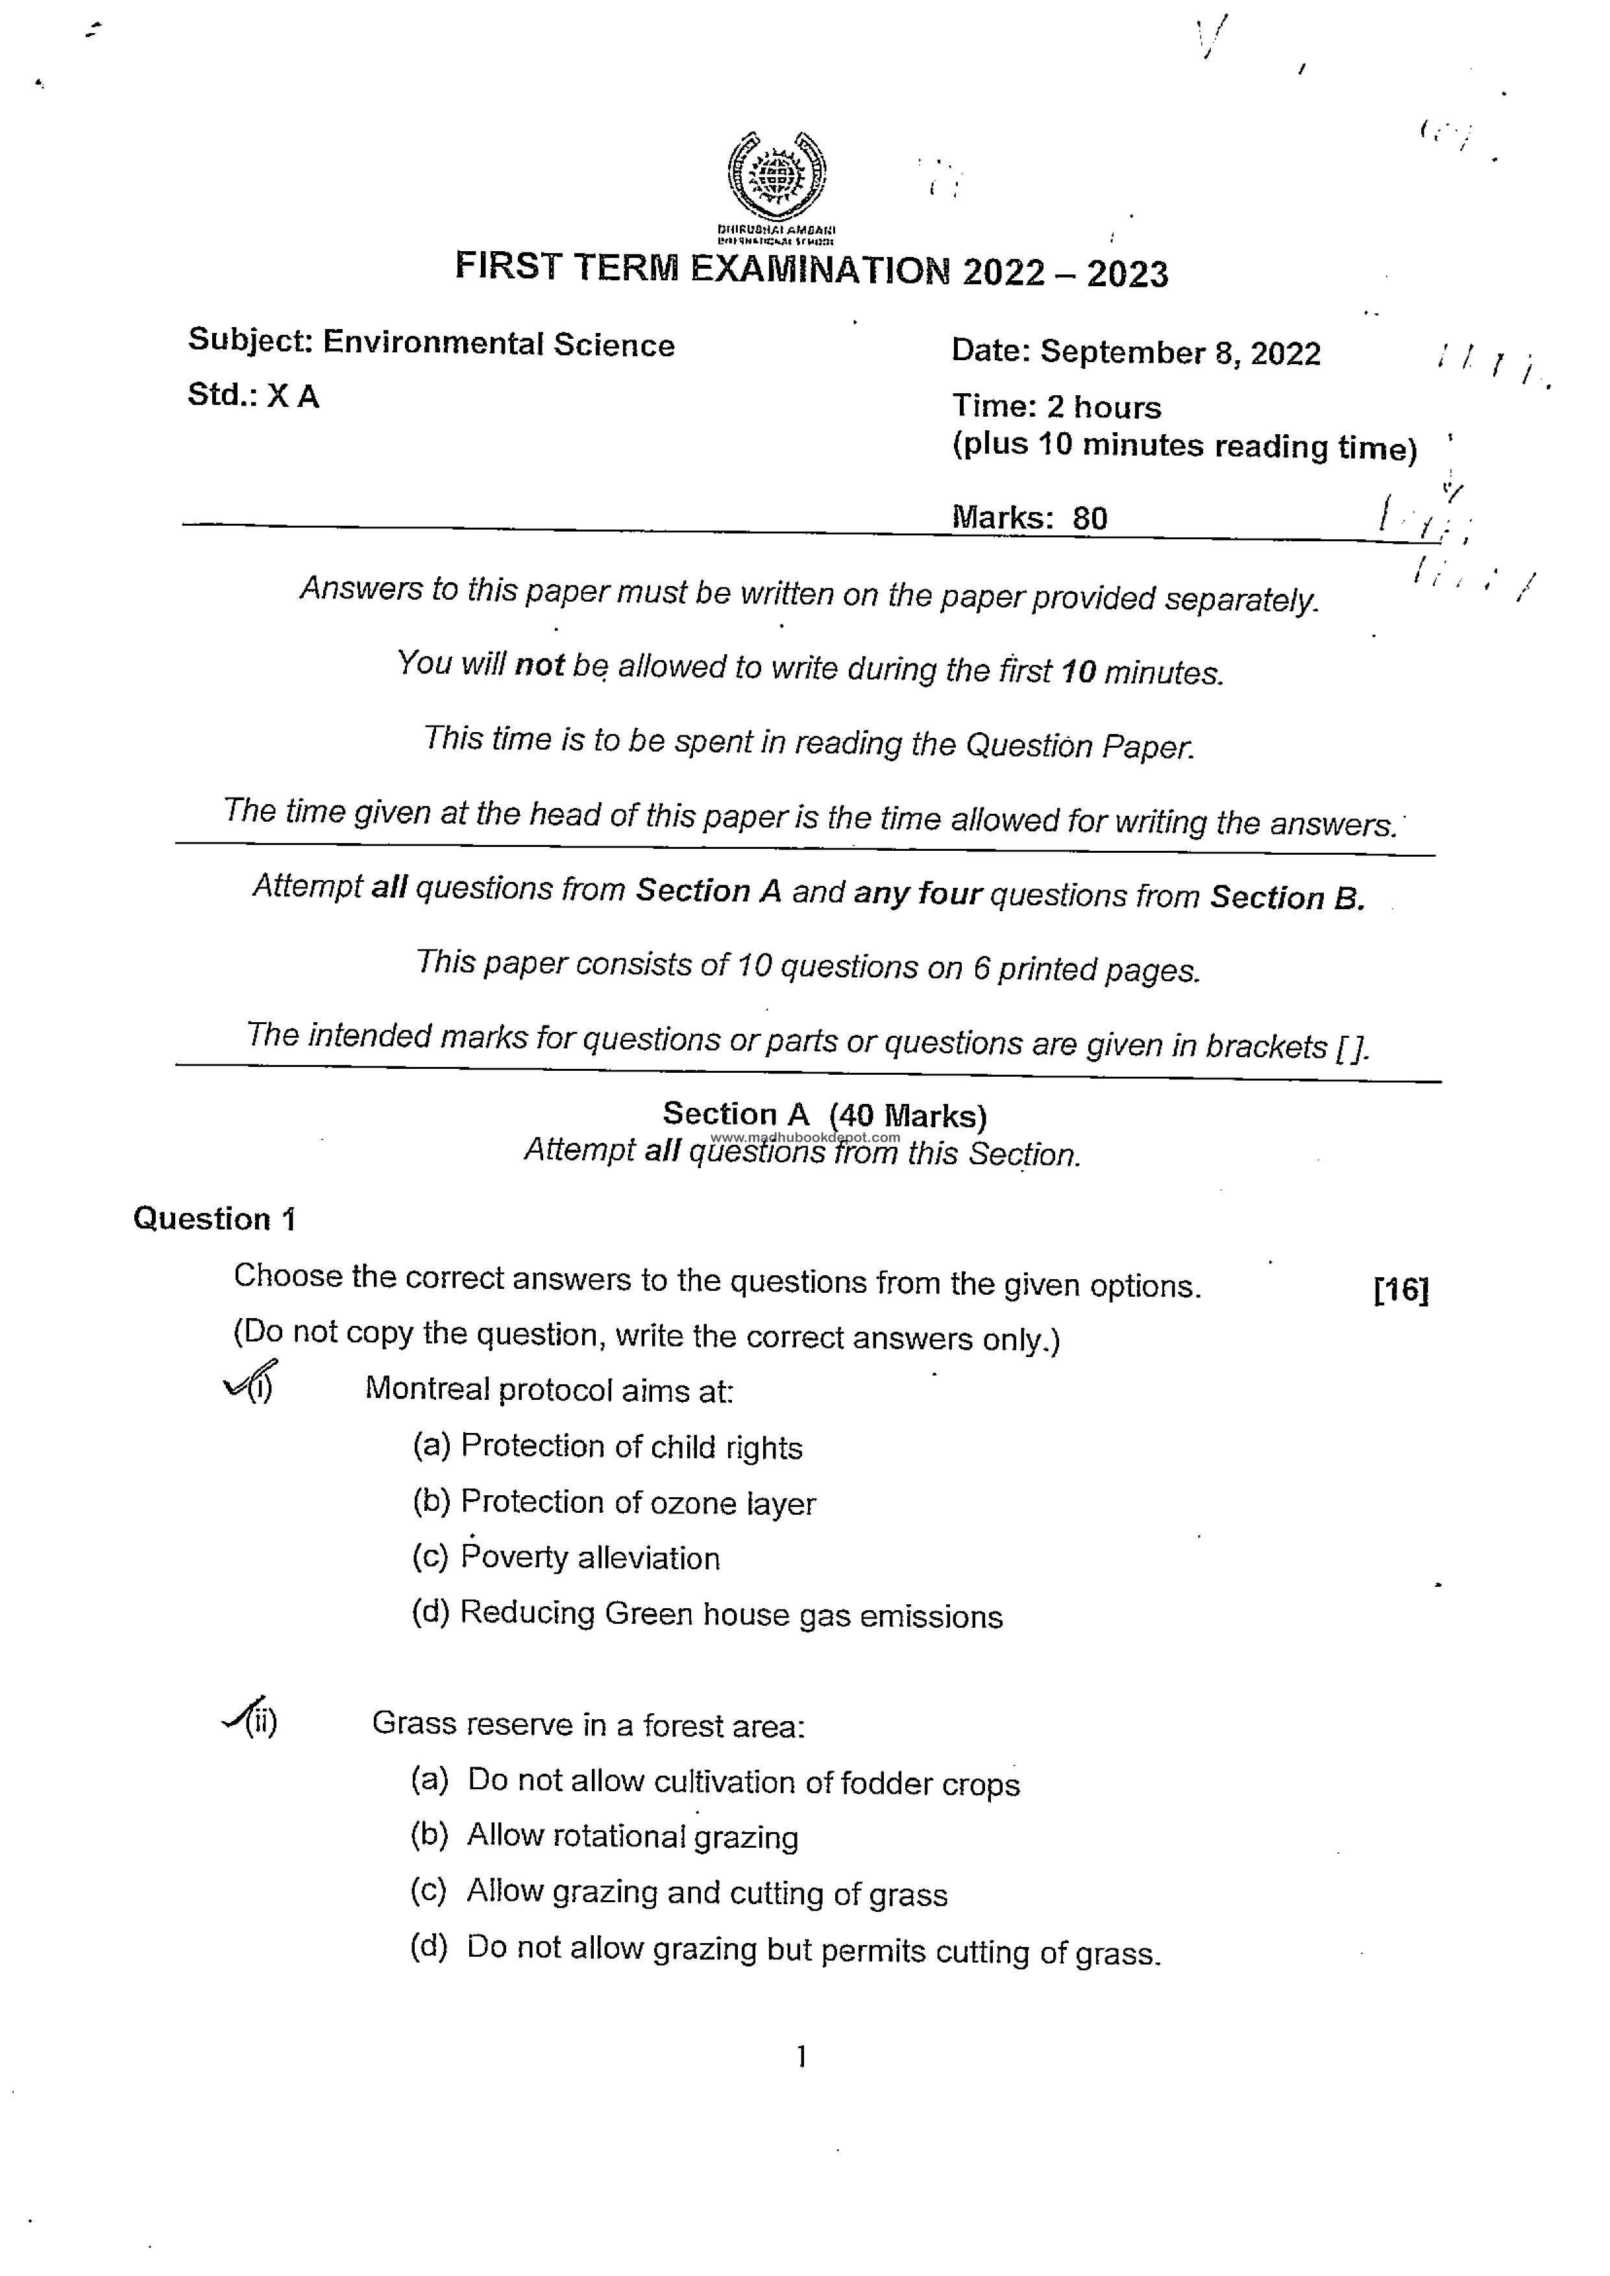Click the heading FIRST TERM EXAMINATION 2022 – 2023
(x=811, y=269)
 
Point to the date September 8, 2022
(x=1180, y=353)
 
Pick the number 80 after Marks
(x=1090, y=517)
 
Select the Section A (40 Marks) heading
(x=824, y=1115)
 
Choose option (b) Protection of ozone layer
(x=614, y=1503)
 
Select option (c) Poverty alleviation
(x=565, y=1558)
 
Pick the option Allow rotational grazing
(x=631, y=1836)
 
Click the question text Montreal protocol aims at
(x=549, y=1389)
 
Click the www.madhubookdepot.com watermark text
(x=805, y=1137)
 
